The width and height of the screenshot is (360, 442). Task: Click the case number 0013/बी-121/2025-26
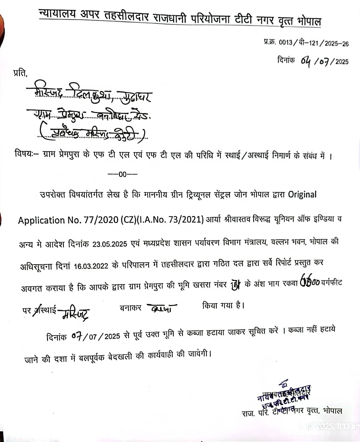click(313, 43)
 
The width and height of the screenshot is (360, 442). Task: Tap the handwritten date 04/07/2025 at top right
click(324, 61)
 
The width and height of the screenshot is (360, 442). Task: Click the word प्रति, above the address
click(20, 73)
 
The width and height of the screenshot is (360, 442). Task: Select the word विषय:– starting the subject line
click(27, 154)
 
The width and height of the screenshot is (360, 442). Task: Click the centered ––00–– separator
click(122, 174)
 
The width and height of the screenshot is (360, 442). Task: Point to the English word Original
click(302, 195)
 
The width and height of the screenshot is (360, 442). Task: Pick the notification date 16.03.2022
click(91, 266)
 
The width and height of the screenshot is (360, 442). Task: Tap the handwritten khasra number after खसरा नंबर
click(235, 286)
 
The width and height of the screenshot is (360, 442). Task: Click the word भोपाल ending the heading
click(309, 21)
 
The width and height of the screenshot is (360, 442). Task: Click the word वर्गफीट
click(331, 283)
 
